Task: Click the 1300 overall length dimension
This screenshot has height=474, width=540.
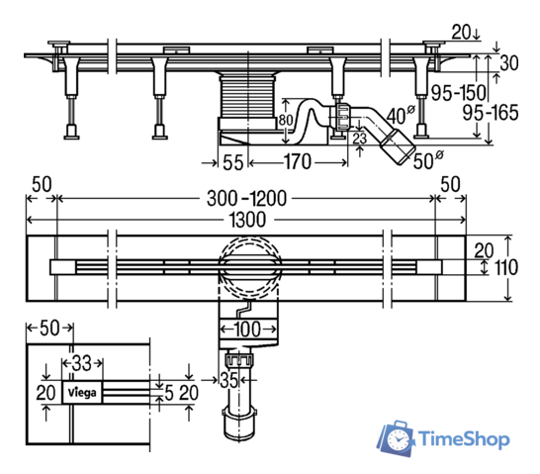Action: tap(247, 220)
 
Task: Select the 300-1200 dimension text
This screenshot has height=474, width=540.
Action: tap(246, 199)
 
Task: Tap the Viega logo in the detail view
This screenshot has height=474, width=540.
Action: tap(82, 392)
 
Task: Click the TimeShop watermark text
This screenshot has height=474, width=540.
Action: tap(464, 439)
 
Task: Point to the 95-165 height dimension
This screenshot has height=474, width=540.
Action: tap(491, 113)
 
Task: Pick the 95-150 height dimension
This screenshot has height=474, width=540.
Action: tap(458, 93)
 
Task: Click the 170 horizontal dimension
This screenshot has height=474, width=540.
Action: tap(298, 161)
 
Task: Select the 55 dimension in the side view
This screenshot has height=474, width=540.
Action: tap(233, 162)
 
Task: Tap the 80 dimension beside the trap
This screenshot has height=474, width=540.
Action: tap(286, 120)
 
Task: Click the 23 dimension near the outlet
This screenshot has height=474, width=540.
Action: tap(360, 139)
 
